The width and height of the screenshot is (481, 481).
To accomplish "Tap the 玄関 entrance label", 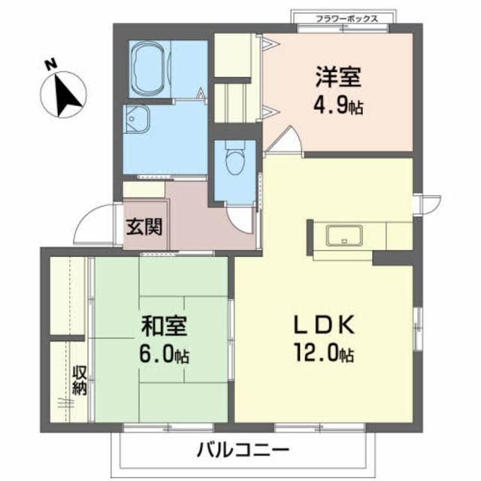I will click(144, 225).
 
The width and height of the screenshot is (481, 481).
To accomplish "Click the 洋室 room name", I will click(337, 77).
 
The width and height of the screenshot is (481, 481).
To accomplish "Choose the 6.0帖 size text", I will click(163, 352).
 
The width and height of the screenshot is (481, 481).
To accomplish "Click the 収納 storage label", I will click(80, 381).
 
